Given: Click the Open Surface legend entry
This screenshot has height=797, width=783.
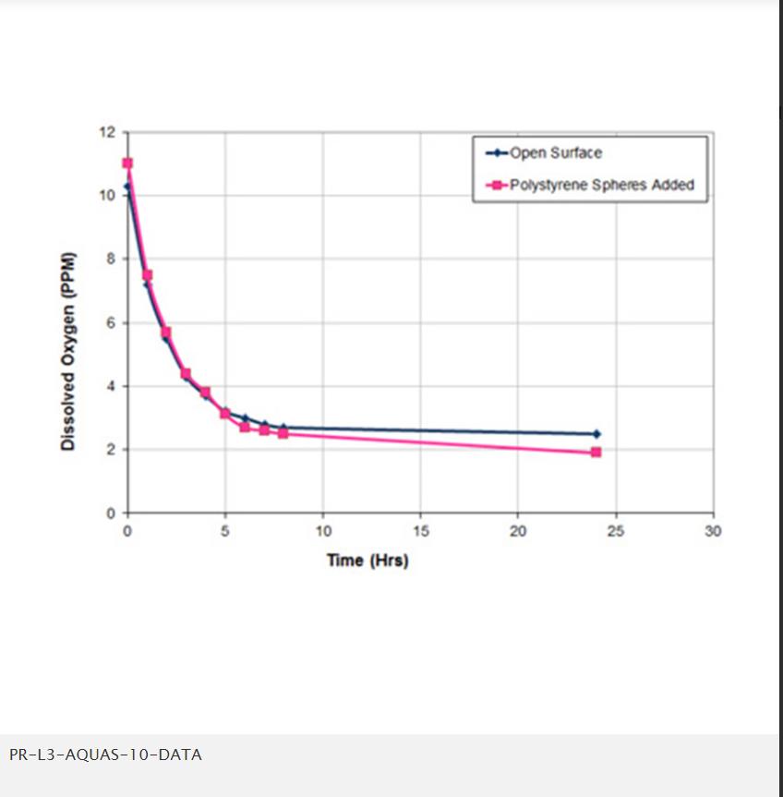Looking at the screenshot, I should coord(555,153).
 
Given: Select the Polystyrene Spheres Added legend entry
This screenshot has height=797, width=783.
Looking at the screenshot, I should coord(601,185).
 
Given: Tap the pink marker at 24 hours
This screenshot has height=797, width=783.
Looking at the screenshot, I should coord(596,453).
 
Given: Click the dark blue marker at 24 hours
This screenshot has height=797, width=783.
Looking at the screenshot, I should coord(596,433).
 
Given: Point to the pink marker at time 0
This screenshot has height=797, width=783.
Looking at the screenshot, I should coord(127,163).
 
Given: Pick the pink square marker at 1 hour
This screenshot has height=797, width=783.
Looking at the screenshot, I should coord(147,275).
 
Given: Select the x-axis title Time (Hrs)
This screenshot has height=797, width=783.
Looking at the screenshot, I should coord(367,561).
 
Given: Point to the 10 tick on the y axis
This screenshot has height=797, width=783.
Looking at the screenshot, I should coord(108,196).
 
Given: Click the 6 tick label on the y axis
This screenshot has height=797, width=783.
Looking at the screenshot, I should coord(112,323).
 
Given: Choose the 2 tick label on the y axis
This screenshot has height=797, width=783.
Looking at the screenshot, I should coord(112,450).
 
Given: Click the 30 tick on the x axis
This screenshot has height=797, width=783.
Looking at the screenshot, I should coord(713,531).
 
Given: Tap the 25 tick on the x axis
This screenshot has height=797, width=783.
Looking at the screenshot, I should coord(615,531).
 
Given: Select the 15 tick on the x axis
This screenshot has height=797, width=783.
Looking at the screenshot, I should coord(420,531).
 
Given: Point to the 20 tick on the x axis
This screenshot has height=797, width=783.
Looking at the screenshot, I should coord(518,531).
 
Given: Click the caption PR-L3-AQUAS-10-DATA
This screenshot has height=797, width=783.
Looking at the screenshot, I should coord(105,755).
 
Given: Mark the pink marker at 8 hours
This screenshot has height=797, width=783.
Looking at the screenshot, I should coord(283,433).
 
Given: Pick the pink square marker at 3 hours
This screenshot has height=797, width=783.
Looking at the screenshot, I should coord(186,374).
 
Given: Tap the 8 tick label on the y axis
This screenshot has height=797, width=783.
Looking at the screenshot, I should coord(112,260).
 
